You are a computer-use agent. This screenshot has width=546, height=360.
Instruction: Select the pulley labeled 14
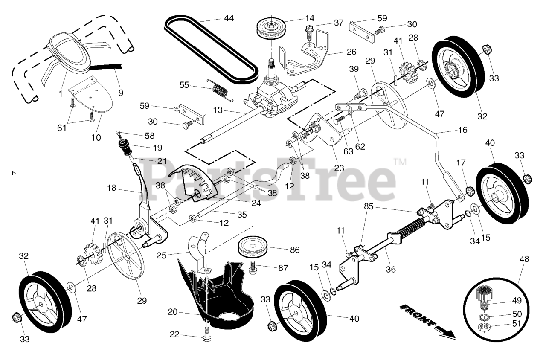[x=270, y=28]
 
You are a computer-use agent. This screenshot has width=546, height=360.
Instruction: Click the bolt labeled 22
[x=207, y=333]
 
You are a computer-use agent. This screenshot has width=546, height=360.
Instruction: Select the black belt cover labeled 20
[x=213, y=294]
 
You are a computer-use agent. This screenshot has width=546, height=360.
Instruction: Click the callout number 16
[x=462, y=130]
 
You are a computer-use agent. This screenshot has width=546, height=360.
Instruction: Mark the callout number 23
[x=339, y=168]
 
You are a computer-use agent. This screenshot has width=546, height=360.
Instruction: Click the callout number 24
[x=256, y=203]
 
